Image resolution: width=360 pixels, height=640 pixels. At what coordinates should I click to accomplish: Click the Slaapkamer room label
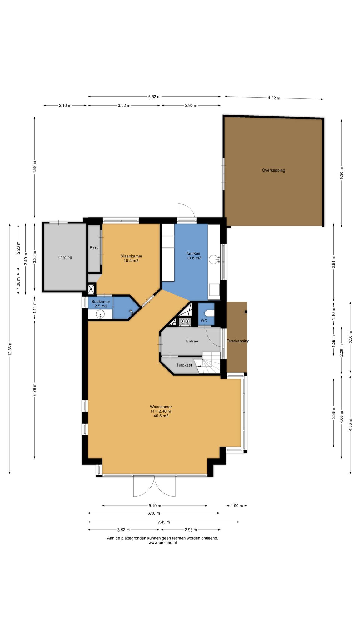click(131, 256)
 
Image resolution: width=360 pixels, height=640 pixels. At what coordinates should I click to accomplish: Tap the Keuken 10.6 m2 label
click(194, 256)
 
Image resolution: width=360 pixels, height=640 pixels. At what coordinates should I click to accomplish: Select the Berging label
click(65, 257)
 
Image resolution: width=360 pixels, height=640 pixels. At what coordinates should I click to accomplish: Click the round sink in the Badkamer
click(100, 314)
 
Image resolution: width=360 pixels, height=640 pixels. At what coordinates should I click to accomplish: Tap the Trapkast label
click(184, 365)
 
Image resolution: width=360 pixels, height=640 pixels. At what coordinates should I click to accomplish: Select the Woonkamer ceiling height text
click(161, 411)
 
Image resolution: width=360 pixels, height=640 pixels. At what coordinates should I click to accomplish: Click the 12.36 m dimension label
click(10, 348)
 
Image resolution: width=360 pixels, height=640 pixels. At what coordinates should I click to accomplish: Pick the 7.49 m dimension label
click(164, 522)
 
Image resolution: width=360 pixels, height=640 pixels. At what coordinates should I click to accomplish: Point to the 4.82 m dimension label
click(274, 98)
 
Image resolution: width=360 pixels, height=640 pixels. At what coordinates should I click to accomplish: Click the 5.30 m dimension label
click(341, 173)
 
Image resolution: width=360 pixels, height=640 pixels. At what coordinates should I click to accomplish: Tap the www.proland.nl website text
click(162, 543)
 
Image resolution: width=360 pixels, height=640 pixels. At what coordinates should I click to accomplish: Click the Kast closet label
click(94, 247)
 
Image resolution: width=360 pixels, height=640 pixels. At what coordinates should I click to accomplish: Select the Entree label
click(192, 341)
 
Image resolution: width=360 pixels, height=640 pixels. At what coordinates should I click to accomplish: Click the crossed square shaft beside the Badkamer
click(92, 289)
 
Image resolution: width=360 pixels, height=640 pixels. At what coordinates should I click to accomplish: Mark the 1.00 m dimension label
click(237, 506)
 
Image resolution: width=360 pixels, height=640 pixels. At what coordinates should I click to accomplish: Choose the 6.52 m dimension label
click(154, 97)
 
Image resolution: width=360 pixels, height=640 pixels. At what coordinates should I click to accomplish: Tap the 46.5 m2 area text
click(161, 416)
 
